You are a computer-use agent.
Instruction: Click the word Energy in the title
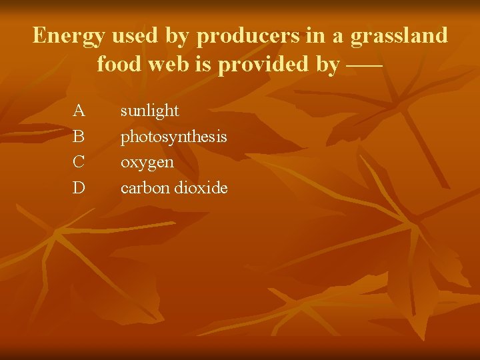64,35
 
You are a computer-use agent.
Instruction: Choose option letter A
79,110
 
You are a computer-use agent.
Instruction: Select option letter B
79,136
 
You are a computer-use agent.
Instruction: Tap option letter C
79,162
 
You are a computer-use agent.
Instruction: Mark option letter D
79,188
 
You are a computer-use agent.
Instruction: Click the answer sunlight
149,111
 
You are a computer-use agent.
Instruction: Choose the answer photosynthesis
173,137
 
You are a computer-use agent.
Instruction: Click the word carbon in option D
145,188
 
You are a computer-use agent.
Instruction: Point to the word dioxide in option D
201,188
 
